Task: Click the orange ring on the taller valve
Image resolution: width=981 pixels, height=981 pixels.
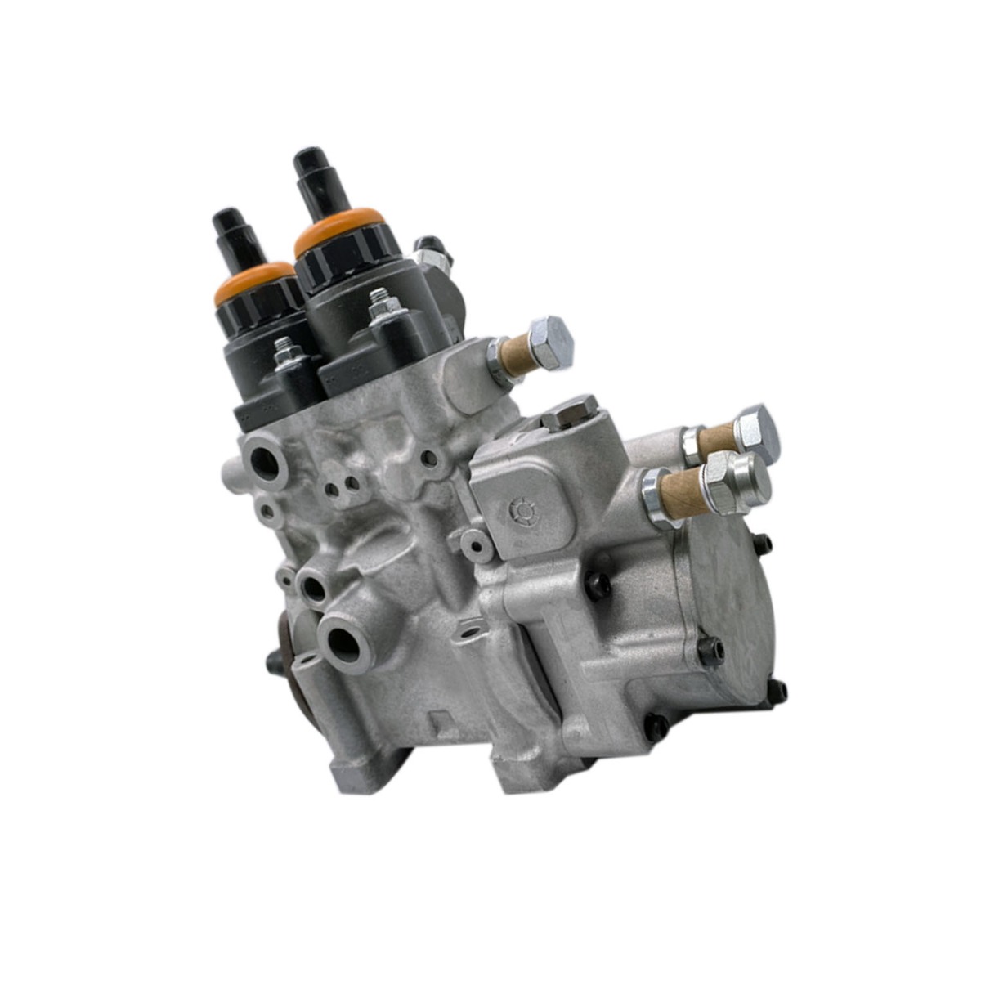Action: [x=339, y=222]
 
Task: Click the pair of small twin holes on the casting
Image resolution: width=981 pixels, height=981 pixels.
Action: [x=341, y=487]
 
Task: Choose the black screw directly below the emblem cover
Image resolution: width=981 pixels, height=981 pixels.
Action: [x=599, y=582]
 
